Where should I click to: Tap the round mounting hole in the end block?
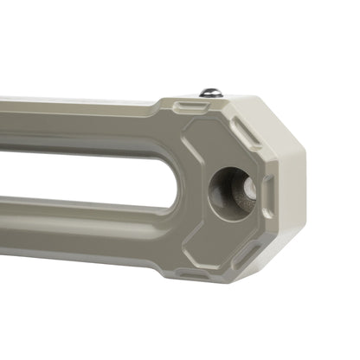click(232, 188)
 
